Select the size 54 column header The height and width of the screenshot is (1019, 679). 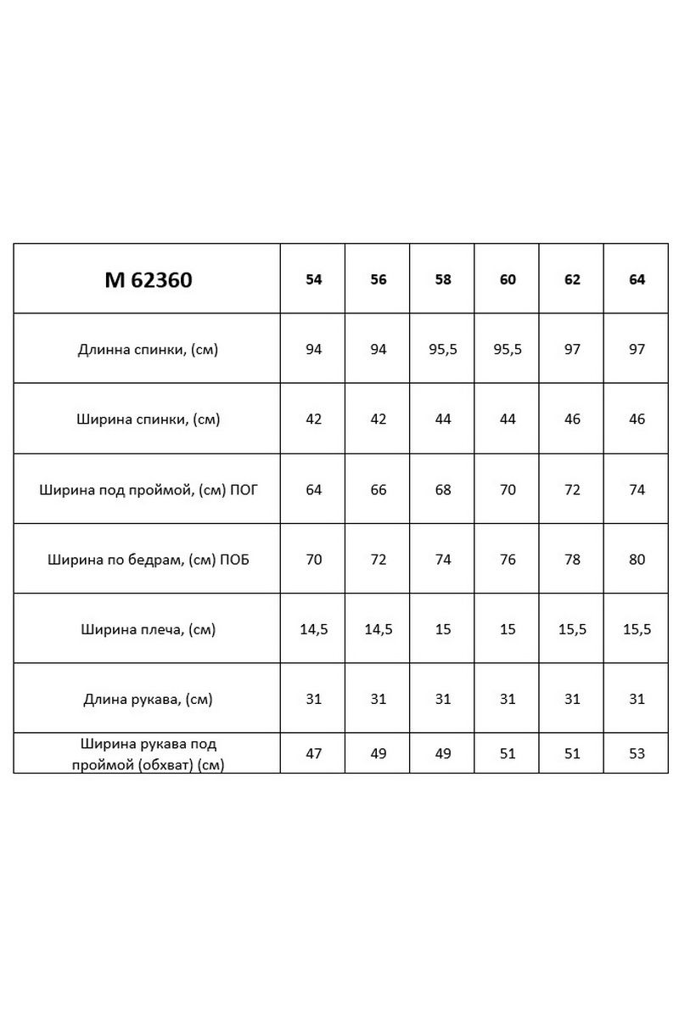[x=314, y=279]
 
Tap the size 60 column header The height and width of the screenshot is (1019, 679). [x=508, y=279]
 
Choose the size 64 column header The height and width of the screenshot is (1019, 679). [x=637, y=279]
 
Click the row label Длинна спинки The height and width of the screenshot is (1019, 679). [x=147, y=349]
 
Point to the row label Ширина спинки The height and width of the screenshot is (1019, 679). [x=147, y=419]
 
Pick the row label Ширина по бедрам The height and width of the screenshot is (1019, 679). [x=147, y=560]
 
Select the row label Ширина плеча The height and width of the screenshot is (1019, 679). [x=147, y=629]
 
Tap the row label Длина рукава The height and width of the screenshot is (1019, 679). [x=147, y=700]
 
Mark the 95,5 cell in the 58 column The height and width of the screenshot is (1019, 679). [x=443, y=349]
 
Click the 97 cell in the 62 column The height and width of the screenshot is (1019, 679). [x=572, y=349]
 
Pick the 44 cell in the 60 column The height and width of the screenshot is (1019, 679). [x=508, y=419]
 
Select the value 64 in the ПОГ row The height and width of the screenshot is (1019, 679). [x=314, y=490]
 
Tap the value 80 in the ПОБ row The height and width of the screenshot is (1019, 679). [x=637, y=560]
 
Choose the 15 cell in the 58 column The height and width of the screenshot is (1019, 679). [x=443, y=629]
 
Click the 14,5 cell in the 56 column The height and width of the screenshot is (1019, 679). [x=379, y=629]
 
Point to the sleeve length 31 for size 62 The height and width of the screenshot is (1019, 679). [x=572, y=700]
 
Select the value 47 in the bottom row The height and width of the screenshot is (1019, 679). [x=314, y=753]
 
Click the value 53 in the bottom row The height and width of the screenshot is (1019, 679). [x=637, y=753]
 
